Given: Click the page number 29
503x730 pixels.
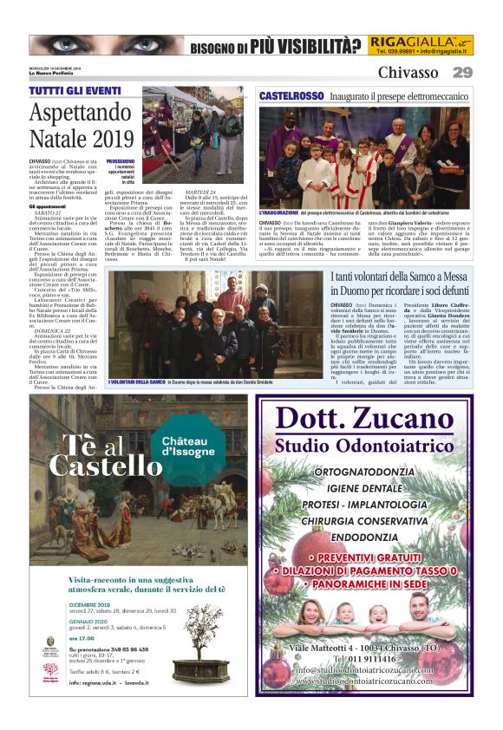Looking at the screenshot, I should tap(463, 72).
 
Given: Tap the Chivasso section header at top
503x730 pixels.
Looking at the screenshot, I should tap(408, 72).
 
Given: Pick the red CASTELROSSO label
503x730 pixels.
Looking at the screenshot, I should tap(290, 95).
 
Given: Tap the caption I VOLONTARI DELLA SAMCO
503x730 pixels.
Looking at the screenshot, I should tap(136, 381).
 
